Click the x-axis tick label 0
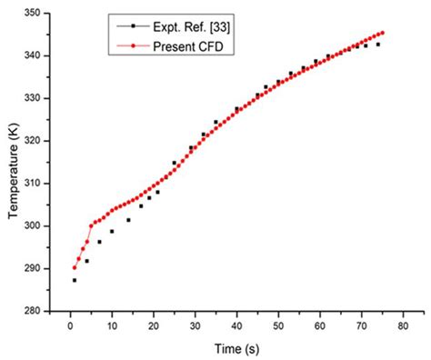(70, 324)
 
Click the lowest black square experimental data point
(75, 280)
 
